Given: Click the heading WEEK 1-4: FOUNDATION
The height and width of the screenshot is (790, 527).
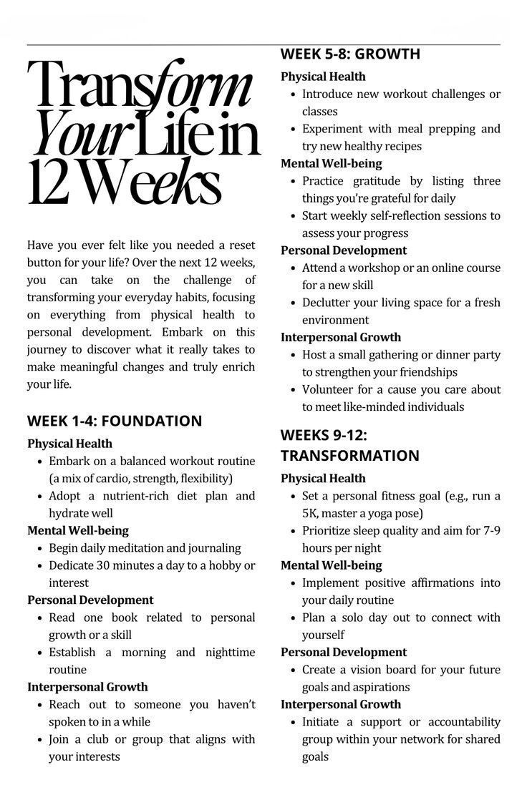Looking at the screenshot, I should (x=115, y=421).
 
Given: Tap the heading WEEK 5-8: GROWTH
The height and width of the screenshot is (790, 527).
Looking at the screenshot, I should (x=350, y=54).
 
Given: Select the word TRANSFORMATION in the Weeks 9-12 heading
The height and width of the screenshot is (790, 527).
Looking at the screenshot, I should (x=350, y=456).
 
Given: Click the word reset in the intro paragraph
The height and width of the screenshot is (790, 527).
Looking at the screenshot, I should (x=241, y=245).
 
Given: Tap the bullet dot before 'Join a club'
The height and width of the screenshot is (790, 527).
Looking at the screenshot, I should (x=39, y=739).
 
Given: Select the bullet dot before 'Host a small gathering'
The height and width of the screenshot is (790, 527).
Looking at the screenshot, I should (x=293, y=355).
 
